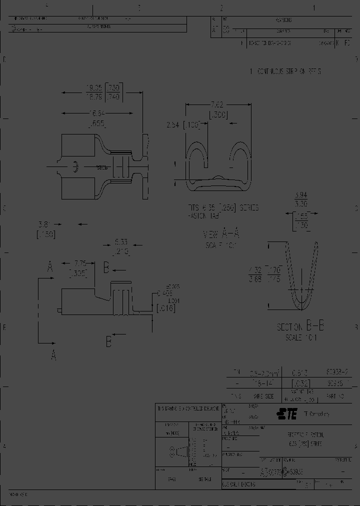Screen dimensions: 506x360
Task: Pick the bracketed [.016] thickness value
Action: tap(164, 308)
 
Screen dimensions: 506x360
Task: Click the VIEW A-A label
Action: tap(220, 234)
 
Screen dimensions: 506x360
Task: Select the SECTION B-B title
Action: tap(300, 327)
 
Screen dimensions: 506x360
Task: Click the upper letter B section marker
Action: tap(106, 267)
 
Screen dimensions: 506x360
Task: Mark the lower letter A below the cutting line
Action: tap(53, 355)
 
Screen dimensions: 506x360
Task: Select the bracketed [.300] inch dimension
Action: tap(219, 115)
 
